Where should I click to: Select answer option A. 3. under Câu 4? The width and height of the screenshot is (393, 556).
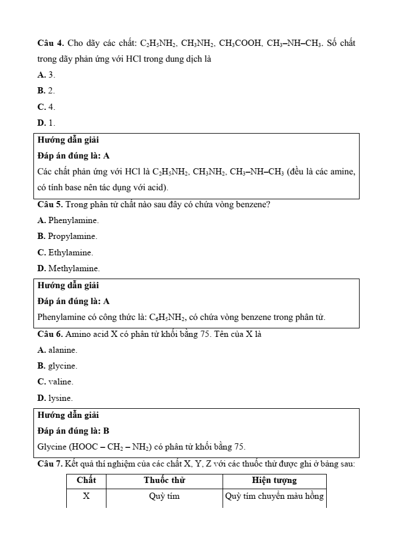[x=46, y=75]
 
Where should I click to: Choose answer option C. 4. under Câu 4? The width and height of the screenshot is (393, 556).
[x=46, y=107]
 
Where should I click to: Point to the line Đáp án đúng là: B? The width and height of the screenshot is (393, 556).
[x=73, y=431]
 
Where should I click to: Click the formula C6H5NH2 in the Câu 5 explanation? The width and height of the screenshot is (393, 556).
[x=168, y=317]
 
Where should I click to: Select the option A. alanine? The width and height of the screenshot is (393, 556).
[x=57, y=350]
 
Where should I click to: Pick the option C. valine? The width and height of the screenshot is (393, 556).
[x=55, y=382]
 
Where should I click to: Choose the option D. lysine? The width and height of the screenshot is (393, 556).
[x=55, y=399]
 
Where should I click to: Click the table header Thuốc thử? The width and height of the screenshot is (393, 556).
[x=164, y=481]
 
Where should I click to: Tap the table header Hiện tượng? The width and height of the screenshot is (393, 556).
[x=274, y=481]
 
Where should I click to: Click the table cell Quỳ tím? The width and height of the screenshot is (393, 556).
[x=164, y=497]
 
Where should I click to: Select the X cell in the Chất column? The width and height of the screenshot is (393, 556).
[x=86, y=497]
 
